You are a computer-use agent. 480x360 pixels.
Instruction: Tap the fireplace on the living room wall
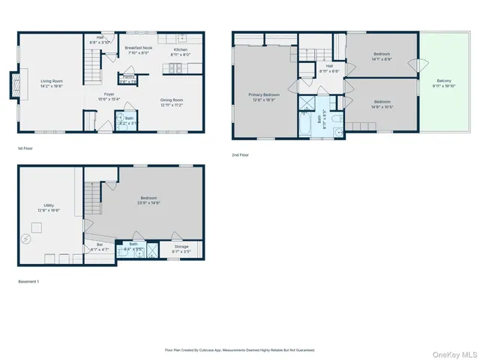[x=12, y=85]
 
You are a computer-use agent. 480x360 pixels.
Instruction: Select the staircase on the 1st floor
[x=91, y=72]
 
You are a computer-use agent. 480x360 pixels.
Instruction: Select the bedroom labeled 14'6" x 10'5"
[x=382, y=103]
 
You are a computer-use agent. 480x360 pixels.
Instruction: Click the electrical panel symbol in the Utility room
[x=26, y=240]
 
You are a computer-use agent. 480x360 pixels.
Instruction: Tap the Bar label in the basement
[x=100, y=246]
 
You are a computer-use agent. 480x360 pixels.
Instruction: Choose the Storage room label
[x=181, y=246]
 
